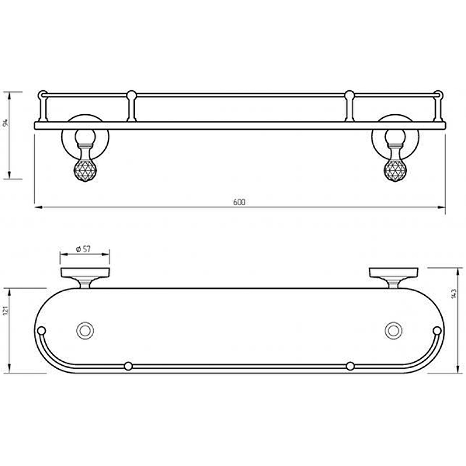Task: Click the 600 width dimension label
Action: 239,202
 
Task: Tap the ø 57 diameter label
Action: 83,249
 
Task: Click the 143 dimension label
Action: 454,293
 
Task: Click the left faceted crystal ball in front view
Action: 85,170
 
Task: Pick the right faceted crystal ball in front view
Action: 395,170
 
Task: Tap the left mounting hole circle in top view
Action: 85,330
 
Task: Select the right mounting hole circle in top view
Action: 394,330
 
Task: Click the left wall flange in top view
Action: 85,272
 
